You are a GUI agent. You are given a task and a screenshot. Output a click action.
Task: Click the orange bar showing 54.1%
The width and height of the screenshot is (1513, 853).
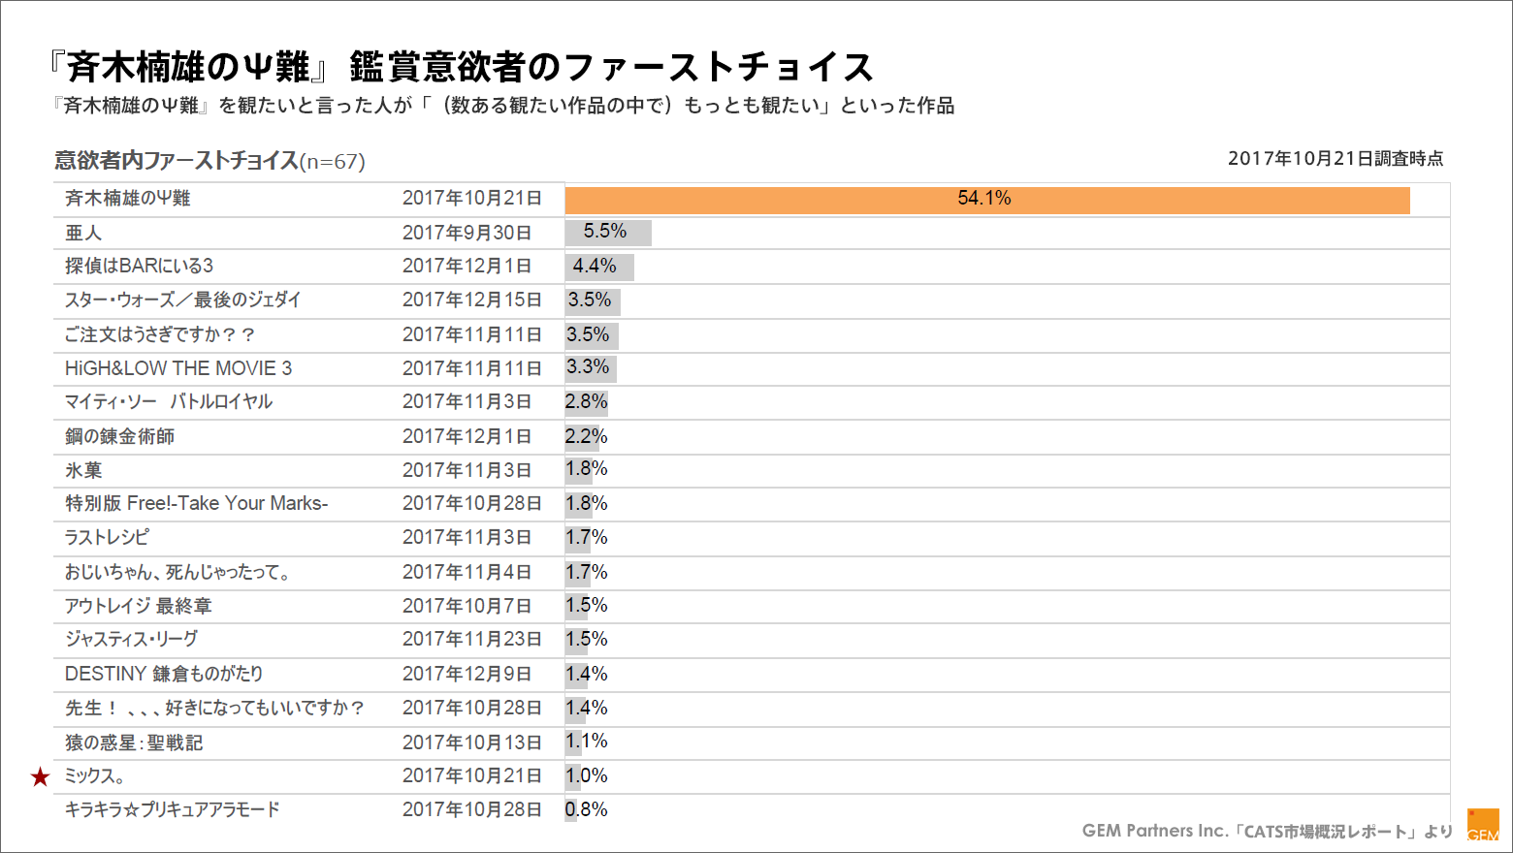click(986, 200)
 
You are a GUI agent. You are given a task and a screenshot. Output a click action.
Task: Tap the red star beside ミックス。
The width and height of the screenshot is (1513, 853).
click(40, 776)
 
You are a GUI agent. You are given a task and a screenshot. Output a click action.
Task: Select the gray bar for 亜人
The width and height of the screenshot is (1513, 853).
click(608, 233)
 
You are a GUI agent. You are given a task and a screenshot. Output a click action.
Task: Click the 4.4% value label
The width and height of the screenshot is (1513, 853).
click(595, 266)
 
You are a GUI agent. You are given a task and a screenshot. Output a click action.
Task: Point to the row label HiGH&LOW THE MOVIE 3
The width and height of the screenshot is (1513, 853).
click(178, 368)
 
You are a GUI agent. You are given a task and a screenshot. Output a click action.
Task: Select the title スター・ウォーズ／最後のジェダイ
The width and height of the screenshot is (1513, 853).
click(183, 300)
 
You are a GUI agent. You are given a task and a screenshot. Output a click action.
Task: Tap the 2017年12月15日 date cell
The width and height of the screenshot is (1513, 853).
click(471, 300)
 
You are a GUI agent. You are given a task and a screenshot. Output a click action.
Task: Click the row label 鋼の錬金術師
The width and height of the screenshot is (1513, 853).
click(120, 436)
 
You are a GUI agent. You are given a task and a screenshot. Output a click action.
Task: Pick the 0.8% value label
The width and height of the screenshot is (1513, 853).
click(587, 809)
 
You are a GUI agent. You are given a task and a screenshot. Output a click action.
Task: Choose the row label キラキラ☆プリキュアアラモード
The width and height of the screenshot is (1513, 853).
click(173, 809)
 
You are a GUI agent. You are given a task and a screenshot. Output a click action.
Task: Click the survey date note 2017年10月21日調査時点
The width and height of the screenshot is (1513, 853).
click(1335, 158)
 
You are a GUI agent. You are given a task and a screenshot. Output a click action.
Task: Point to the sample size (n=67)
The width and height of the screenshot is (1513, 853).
click(333, 162)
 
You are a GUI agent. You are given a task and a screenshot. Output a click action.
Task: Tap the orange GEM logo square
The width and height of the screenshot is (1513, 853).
click(1483, 825)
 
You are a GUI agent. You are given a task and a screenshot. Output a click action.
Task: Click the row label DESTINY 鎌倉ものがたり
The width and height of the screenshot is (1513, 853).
click(164, 674)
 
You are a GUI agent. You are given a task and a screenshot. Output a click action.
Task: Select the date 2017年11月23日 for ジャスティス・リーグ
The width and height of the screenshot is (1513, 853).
click(471, 640)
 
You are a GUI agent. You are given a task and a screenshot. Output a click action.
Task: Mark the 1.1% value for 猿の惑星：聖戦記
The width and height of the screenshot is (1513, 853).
click(587, 742)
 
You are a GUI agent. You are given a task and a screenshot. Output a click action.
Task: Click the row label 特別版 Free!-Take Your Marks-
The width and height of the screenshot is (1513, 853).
click(197, 503)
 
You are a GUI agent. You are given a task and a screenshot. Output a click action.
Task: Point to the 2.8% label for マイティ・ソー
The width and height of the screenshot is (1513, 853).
click(587, 401)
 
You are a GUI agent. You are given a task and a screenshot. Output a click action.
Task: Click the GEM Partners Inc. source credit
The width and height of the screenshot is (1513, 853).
click(1267, 831)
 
